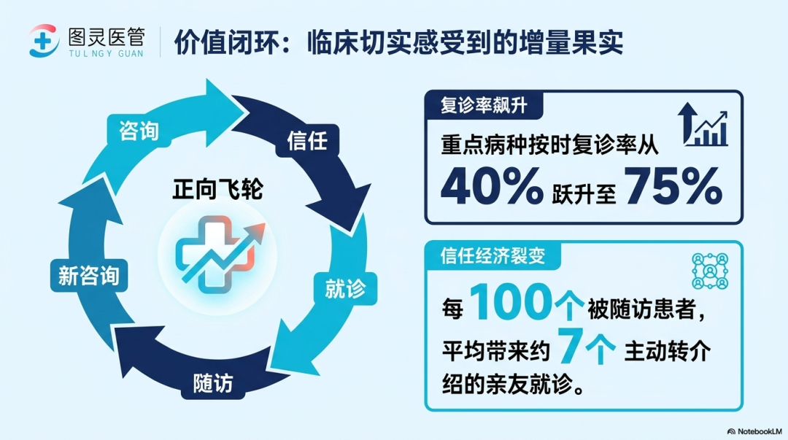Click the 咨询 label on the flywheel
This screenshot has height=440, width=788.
[139, 131]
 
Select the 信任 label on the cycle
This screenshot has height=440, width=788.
[307, 141]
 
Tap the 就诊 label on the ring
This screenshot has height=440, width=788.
[345, 289]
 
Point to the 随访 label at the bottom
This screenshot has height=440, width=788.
[213, 384]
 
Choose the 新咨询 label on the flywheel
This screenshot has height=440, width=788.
[89, 276]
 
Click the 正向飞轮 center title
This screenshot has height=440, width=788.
[217, 190]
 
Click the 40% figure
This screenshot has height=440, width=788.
[492, 185]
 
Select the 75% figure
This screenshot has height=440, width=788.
[673, 185]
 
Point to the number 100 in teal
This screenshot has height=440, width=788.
[513, 301]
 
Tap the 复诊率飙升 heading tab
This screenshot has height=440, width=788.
[484, 106]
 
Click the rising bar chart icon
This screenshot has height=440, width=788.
[703, 125]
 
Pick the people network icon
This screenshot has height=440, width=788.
[710, 271]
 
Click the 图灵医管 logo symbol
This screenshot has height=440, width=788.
[44, 41]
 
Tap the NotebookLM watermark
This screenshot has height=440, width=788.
[754, 431]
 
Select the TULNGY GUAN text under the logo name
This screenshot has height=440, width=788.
[106, 53]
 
